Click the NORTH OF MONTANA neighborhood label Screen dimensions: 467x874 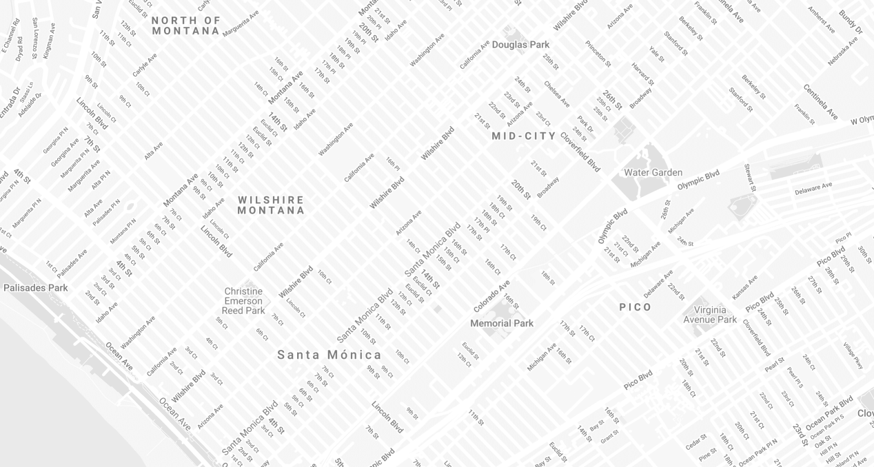186,25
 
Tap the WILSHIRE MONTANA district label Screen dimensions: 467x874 271,205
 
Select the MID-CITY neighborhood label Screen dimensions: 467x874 524,136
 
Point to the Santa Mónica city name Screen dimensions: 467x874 329,355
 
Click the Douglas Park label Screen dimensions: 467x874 520,45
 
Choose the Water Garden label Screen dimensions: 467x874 653,172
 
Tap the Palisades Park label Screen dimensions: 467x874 36,287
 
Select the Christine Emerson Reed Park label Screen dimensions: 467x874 243,301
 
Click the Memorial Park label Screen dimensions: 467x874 502,323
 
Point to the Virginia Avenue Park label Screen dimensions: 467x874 710,315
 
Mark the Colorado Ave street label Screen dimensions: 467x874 491,296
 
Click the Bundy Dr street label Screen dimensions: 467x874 850,22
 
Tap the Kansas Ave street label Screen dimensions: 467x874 744,287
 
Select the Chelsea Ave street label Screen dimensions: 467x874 556,94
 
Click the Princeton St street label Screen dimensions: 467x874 598,53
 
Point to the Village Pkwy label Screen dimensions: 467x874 853,355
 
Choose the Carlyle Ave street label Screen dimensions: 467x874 145,65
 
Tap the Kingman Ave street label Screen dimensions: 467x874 48,41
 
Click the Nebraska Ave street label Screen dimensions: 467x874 842,51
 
